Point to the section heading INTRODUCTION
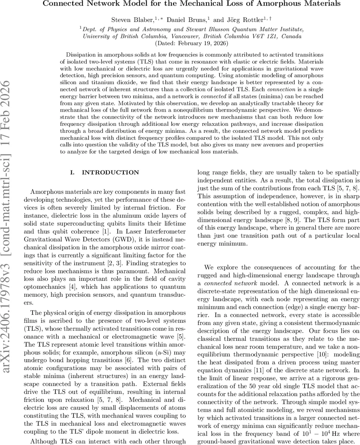click(x=110, y=172)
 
